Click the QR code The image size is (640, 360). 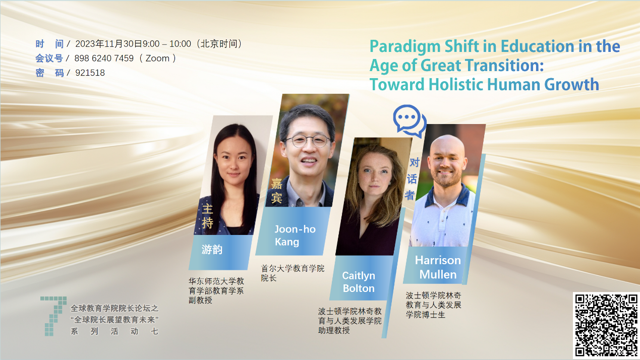tap(606, 326)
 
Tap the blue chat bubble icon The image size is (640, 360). tap(409, 121)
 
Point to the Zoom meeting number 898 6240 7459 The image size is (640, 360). tap(104, 58)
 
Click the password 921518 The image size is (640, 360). tap(90, 73)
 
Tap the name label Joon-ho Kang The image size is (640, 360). tap(295, 235)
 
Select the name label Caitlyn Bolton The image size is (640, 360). tap(359, 282)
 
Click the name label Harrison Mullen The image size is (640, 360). tap(438, 267)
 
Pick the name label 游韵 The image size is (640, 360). tap(212, 250)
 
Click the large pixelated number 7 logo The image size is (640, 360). tap(53, 316)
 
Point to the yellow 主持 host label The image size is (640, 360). tap(208, 216)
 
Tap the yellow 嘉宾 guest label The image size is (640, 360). tap(276, 191)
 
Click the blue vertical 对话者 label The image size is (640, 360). tap(412, 179)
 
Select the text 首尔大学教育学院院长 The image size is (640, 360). tap(293, 273)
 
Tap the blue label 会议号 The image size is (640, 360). tap(49, 58)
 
